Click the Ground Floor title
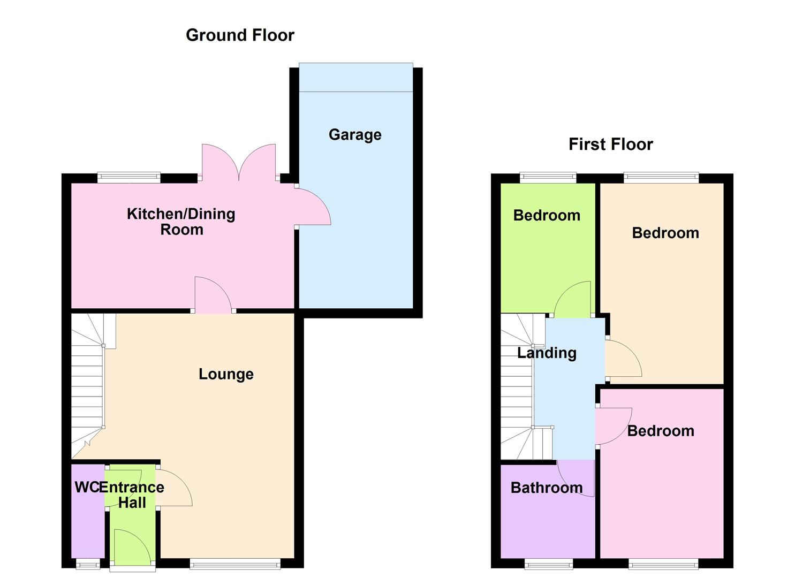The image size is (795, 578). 240,35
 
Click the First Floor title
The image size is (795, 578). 610,144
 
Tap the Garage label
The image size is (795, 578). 355,134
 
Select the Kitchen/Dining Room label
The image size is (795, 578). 181,222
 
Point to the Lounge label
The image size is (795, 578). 226,374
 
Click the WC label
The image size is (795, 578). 86,487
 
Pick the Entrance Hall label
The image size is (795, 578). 132,495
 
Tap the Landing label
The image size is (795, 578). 547,353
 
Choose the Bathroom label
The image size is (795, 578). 547,488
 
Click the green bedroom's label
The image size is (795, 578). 547,215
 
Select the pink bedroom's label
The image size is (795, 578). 661,431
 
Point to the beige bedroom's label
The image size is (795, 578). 665,233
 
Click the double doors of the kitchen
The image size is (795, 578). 239,163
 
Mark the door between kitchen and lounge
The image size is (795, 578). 213,294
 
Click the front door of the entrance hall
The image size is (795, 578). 132,547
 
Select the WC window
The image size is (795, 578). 88,563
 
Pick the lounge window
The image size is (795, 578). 235,563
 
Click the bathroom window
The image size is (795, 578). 548,563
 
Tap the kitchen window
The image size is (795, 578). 129,178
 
